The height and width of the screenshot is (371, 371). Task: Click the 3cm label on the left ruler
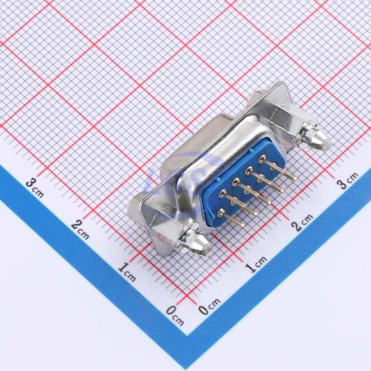35,188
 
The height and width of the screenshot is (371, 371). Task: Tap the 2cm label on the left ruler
80,229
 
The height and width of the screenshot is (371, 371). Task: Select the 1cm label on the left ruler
127,271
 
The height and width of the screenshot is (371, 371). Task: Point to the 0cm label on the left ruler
175,315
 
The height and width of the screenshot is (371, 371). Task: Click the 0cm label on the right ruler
209,306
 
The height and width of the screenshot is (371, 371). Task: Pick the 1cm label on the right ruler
256,264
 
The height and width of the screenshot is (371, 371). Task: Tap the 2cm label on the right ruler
302,223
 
